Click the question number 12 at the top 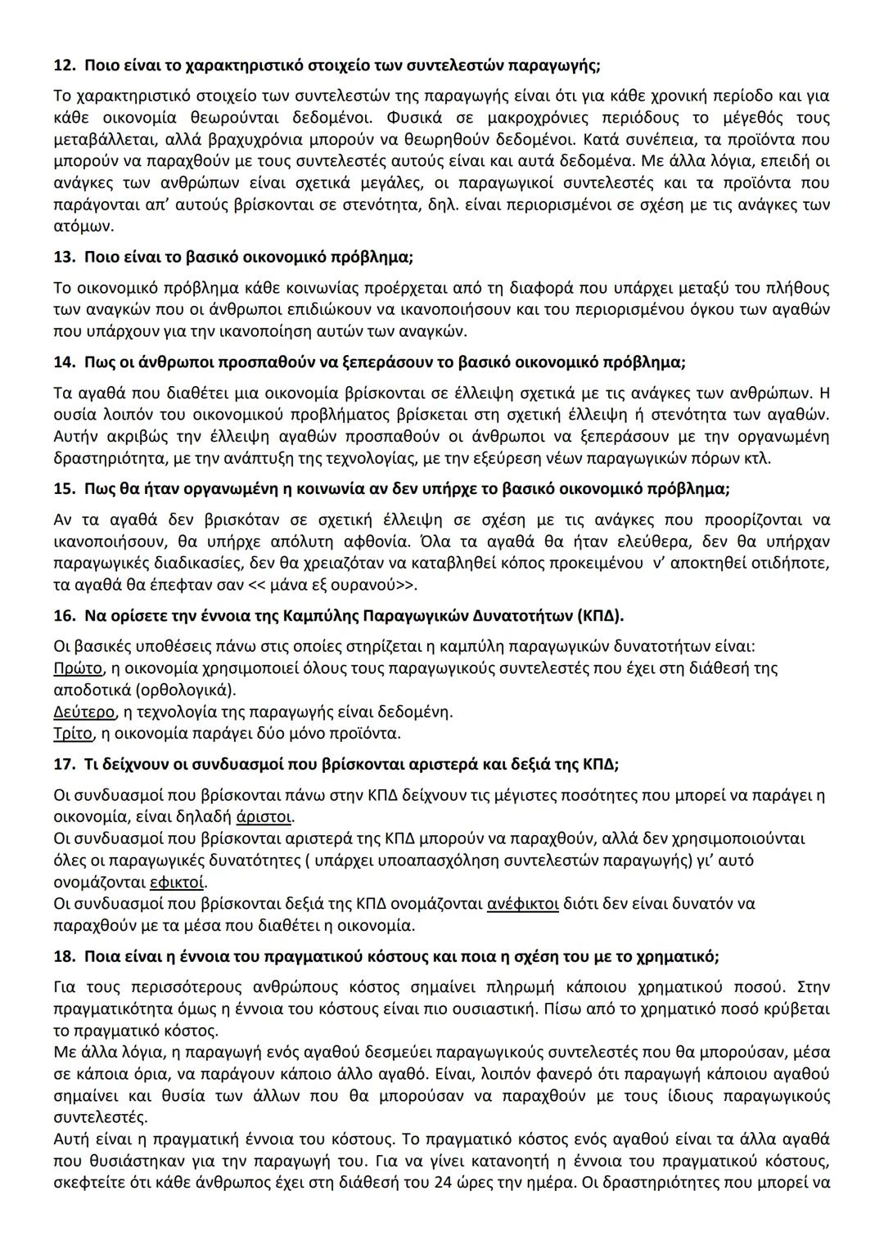click(x=62, y=64)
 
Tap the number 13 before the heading click(x=62, y=257)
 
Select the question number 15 click(x=62, y=489)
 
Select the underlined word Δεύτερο click(x=83, y=711)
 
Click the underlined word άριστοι click(x=264, y=816)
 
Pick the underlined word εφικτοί click(x=178, y=883)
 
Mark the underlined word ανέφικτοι click(x=522, y=904)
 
